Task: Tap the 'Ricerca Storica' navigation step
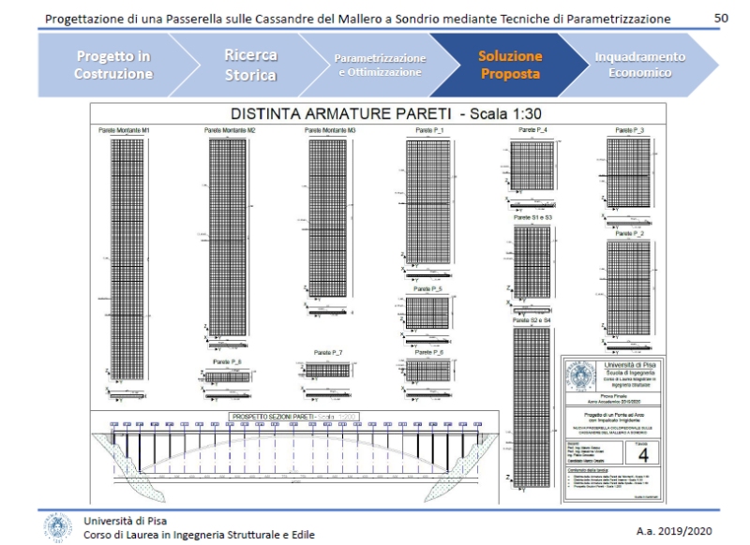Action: coord(250,65)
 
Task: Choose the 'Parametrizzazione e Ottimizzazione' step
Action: coord(379,65)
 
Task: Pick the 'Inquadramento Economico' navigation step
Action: coord(639,65)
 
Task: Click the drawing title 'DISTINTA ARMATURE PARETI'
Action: coord(337,113)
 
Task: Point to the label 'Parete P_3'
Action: coord(629,129)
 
